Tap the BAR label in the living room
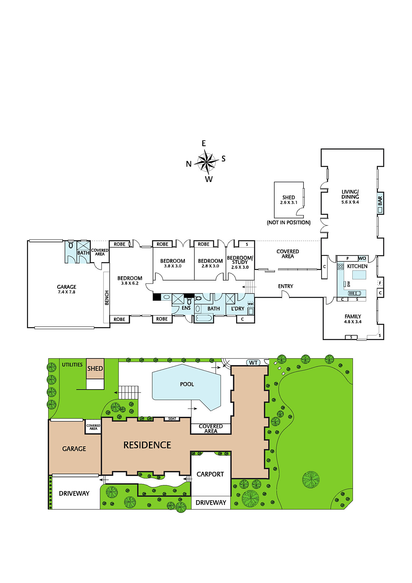click(x=380, y=201)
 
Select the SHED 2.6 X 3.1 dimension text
click(x=289, y=202)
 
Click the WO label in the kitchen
click(x=362, y=258)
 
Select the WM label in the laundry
click(x=250, y=304)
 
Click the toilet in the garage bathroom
click(x=71, y=245)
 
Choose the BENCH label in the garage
click(x=107, y=297)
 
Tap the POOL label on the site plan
click(x=187, y=384)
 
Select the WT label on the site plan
click(x=253, y=363)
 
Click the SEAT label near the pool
click(x=172, y=419)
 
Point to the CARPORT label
click(x=210, y=474)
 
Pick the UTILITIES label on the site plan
click(x=72, y=365)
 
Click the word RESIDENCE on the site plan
click(x=147, y=445)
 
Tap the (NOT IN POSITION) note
click(x=289, y=223)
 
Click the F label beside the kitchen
click(x=380, y=283)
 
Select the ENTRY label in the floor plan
click(x=286, y=286)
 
